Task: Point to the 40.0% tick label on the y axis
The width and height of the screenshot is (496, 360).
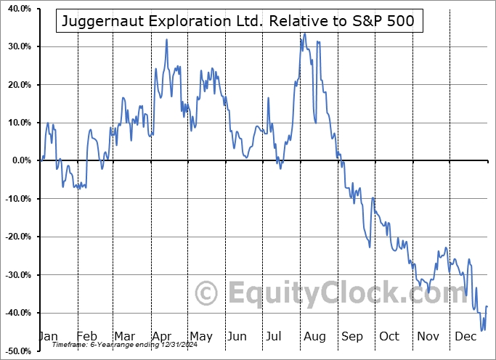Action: coord(17,9)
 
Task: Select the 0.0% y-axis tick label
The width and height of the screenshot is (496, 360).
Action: coord(20,160)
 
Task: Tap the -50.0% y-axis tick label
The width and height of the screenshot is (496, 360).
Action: coord(16,351)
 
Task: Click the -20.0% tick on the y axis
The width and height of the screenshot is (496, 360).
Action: coord(16,237)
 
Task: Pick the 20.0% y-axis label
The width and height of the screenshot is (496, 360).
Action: coord(17,85)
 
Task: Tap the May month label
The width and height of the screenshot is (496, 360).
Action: coord(200,337)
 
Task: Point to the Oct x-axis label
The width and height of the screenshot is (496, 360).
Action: coord(389,337)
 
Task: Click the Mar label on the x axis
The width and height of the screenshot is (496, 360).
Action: coord(125,337)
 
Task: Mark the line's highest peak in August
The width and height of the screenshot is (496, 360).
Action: coord(304,33)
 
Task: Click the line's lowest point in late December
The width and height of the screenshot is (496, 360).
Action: coord(481,330)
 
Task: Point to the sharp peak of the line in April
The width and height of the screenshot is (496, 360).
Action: coord(166,39)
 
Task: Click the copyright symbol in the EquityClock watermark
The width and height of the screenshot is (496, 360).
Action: coord(207,293)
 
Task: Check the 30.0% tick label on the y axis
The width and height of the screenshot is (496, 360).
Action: coord(17,47)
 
